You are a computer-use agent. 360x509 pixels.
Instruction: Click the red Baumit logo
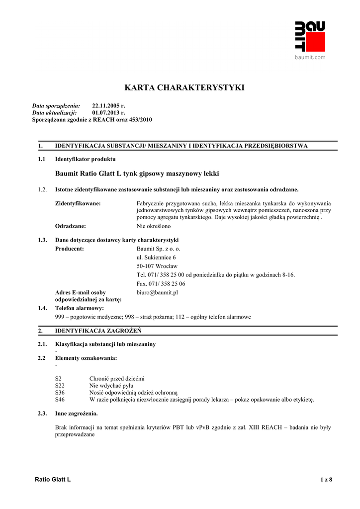click(309, 36)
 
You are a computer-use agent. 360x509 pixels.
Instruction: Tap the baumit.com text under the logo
click(310, 58)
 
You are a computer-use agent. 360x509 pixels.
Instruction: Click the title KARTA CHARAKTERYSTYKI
click(184, 88)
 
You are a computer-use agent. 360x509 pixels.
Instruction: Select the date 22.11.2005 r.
click(109, 106)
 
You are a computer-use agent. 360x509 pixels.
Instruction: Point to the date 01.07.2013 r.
click(109, 113)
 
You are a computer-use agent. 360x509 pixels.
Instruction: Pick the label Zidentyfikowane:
click(78, 203)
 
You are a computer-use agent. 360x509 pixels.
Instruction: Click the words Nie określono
click(154, 226)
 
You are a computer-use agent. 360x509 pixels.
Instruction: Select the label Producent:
click(69, 248)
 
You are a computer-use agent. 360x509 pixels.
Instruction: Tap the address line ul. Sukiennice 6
click(156, 257)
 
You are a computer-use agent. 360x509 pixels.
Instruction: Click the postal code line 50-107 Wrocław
click(157, 266)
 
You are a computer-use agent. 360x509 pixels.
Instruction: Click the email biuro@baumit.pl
click(157, 292)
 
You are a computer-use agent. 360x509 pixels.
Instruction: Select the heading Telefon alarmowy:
click(80, 308)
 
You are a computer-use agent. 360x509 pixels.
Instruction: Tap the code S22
click(60, 385)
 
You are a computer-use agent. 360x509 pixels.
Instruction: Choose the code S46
click(60, 399)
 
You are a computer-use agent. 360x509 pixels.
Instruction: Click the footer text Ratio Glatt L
click(53, 479)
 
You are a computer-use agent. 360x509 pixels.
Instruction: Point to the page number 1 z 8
click(326, 479)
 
